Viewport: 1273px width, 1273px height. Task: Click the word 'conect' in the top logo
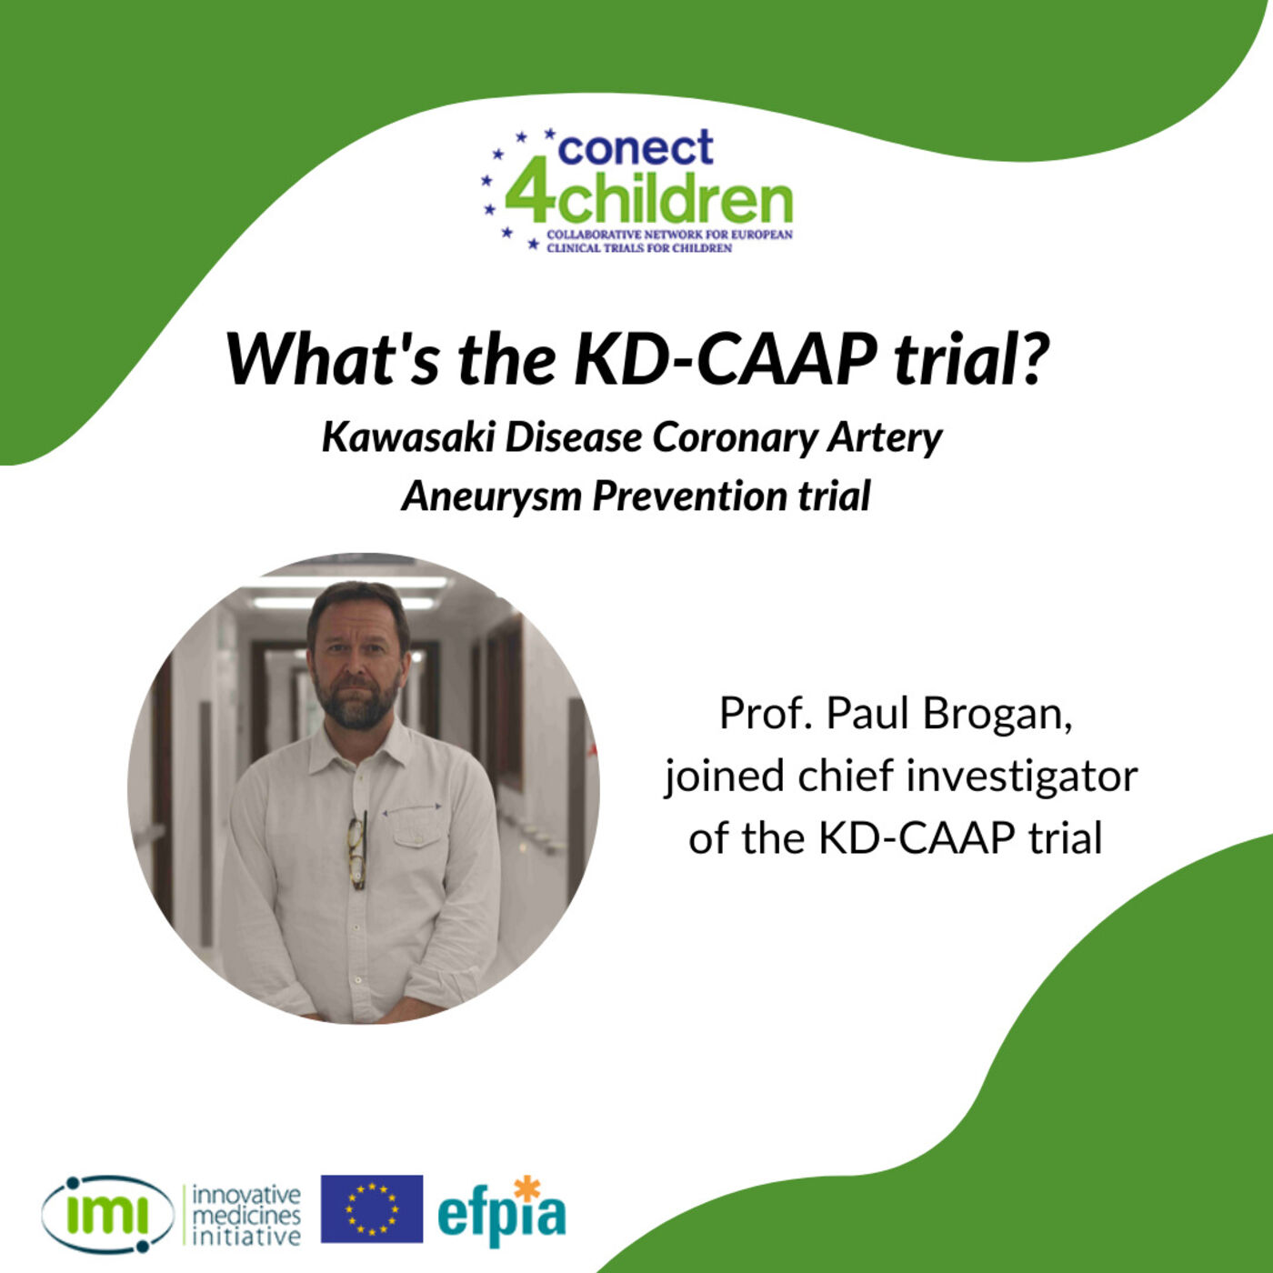coord(636,148)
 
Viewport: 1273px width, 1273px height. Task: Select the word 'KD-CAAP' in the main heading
coord(724,358)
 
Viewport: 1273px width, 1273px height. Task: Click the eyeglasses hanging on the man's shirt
coord(357,850)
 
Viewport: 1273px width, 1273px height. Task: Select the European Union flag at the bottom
coord(372,1208)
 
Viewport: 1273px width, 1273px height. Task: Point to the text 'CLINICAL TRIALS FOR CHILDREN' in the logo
coord(639,248)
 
